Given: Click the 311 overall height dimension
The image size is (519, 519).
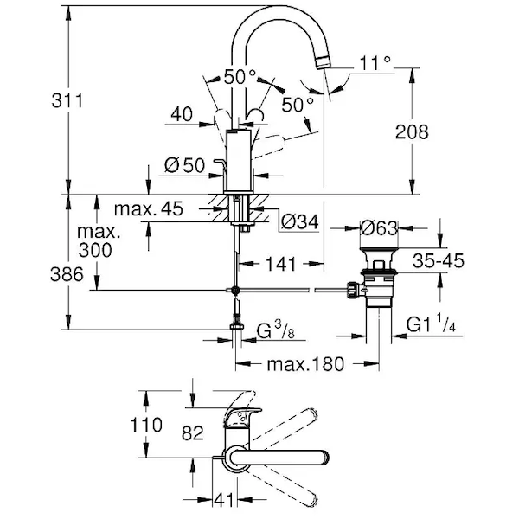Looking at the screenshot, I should pos(35,100).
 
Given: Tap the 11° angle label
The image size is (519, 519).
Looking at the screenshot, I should pos(376,62).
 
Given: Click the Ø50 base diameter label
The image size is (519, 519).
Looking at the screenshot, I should pos(183,165).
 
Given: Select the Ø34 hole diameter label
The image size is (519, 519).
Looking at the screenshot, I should pos(299,223).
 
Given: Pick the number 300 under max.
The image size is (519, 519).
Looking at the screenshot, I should pos(93,251).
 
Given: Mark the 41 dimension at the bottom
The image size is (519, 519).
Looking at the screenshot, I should pos(223,501).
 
